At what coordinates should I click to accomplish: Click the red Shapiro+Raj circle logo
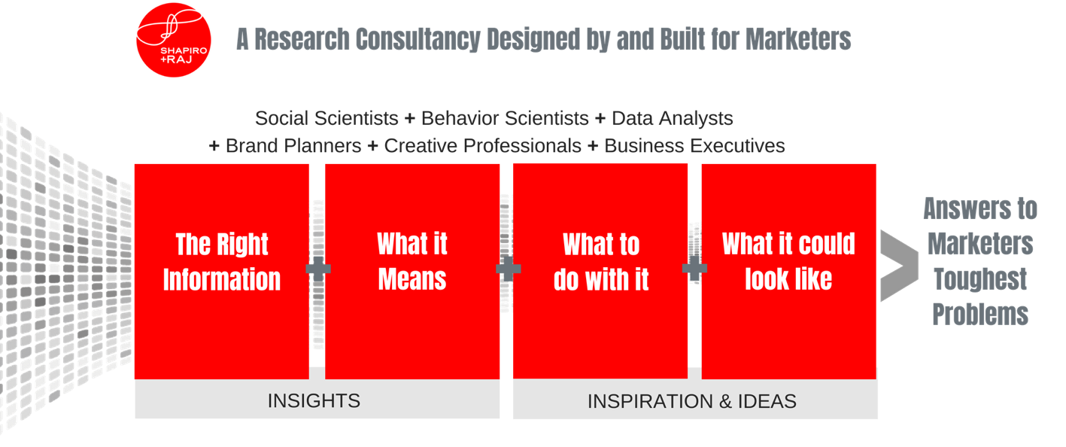tap(174, 40)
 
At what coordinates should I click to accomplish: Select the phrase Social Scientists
tap(326, 118)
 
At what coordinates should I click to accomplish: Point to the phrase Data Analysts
tap(672, 119)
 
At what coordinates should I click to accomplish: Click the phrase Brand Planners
tap(293, 146)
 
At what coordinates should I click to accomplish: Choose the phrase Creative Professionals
tap(482, 146)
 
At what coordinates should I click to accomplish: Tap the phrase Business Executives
tap(694, 146)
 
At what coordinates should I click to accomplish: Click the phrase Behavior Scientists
tap(505, 118)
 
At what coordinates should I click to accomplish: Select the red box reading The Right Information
tap(222, 272)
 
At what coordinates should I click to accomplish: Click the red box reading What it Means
tap(412, 272)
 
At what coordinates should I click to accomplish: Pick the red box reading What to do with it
tap(600, 271)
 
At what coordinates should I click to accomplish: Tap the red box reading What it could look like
tap(788, 272)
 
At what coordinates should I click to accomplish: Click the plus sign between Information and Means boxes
tap(318, 269)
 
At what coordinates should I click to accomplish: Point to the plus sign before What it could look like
tap(694, 268)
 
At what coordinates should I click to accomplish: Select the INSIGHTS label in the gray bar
tap(314, 401)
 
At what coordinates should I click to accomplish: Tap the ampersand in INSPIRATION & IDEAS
tap(725, 401)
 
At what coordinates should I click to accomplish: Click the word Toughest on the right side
tap(980, 279)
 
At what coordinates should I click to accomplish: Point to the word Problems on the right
tap(980, 315)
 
